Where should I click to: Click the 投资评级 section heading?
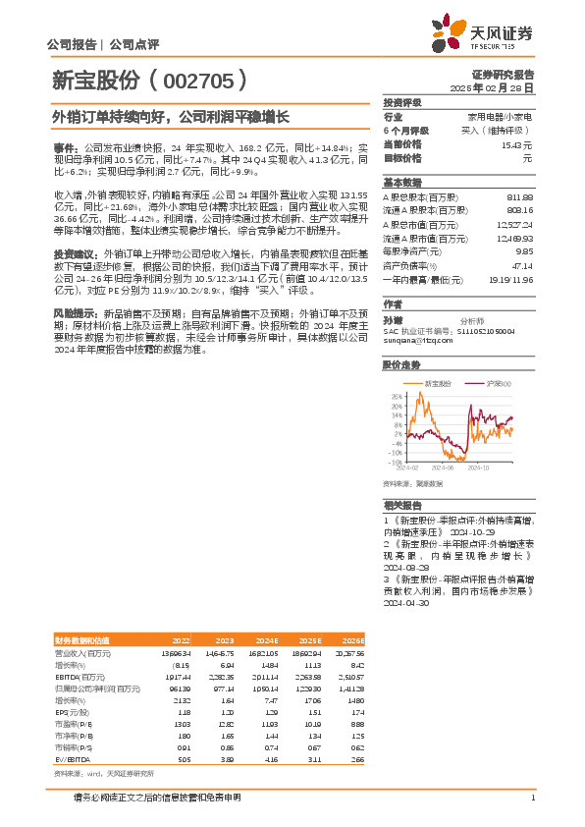(401, 102)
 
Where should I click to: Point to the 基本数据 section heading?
(401, 183)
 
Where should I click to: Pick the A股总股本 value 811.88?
(519, 196)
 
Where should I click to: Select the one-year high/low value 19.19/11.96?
(512, 279)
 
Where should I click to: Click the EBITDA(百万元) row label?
(80, 676)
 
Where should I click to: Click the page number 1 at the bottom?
(531, 798)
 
